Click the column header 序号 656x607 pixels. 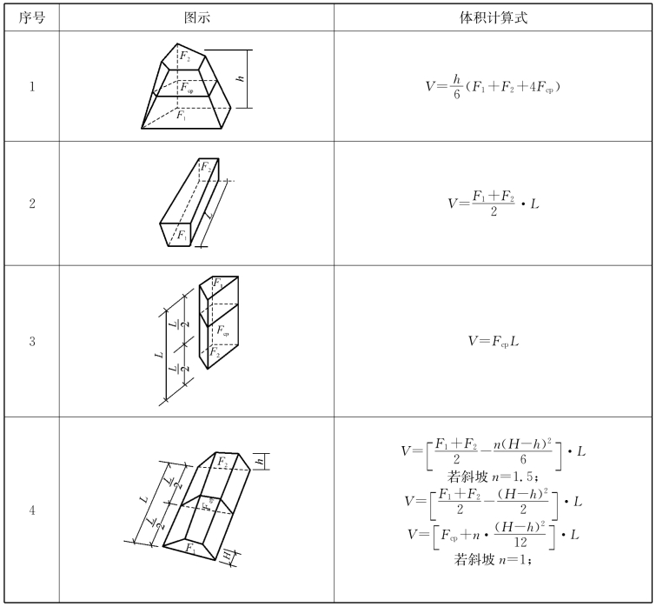tap(32, 17)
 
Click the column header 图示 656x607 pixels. tap(197, 17)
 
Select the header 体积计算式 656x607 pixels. tap(494, 17)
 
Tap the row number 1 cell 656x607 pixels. tap(32, 86)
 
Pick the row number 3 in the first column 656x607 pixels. tap(32, 341)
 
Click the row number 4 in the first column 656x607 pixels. tap(32, 510)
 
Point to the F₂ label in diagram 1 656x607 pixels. tap(185, 57)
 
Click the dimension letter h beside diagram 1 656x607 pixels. tap(241, 78)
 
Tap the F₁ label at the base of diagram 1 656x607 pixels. tap(182, 115)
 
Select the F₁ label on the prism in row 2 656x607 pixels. tap(182, 235)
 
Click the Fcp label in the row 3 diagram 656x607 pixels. tap(223, 331)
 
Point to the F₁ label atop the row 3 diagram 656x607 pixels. tap(217, 283)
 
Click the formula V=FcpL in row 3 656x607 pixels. tap(494, 341)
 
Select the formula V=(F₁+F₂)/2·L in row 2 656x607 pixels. tap(494, 203)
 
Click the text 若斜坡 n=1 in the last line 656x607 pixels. tap(493, 559)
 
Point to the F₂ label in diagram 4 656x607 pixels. tap(222, 461)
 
